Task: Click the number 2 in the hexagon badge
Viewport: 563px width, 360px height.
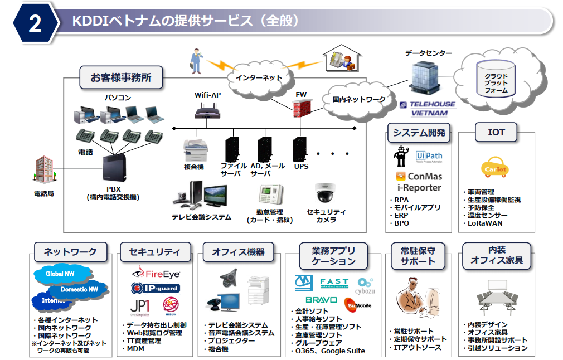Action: click(35, 23)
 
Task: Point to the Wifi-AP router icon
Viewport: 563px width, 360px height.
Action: click(207, 113)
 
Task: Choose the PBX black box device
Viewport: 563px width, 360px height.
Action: click(118, 170)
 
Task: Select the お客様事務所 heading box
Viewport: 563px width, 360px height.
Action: click(121, 77)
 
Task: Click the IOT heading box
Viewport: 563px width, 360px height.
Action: click(496, 133)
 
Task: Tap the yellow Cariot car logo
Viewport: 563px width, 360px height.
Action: click(494, 167)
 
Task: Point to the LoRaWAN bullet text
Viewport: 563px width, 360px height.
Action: click(484, 223)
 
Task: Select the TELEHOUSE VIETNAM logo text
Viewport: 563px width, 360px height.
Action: click(428, 109)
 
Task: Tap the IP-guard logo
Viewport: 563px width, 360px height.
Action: click(156, 288)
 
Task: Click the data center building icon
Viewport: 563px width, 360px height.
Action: click(425, 79)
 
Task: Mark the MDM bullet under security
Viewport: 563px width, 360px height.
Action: click(136, 349)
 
